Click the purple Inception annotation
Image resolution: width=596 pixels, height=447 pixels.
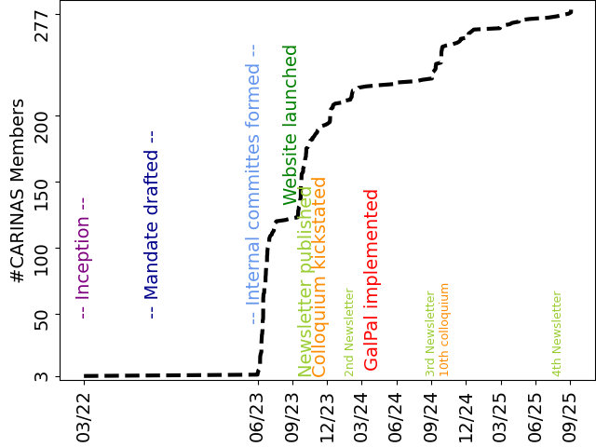click(x=83, y=258)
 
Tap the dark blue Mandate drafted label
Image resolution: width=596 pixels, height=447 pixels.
click(x=152, y=223)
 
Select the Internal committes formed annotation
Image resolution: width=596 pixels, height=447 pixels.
click(x=252, y=183)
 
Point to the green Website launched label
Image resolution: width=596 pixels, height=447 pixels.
click(x=291, y=124)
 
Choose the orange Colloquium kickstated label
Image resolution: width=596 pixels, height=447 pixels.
click(x=319, y=277)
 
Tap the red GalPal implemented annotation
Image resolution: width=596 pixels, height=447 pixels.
click(x=372, y=279)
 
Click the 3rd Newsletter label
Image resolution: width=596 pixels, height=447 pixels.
click(x=430, y=333)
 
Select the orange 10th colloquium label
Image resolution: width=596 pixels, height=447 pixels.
click(x=444, y=329)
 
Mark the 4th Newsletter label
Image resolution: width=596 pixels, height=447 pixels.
click(x=557, y=333)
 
